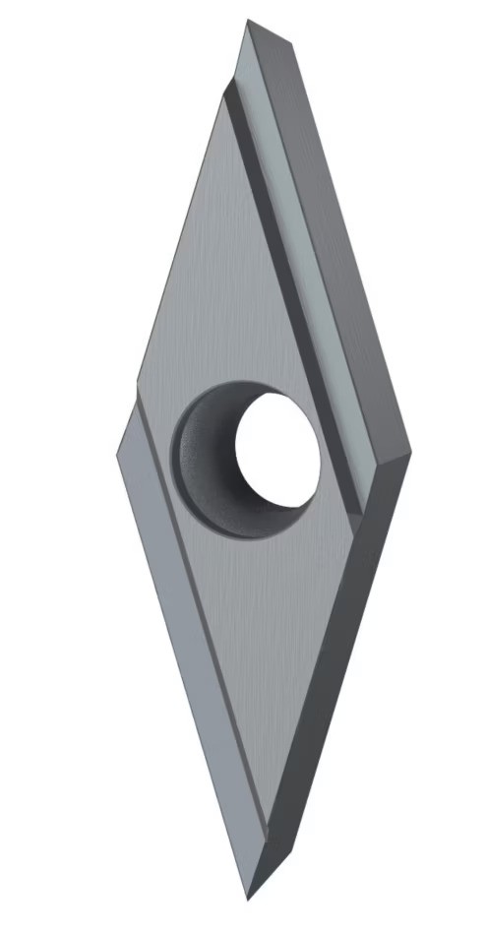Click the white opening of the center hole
tap(277, 448)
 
